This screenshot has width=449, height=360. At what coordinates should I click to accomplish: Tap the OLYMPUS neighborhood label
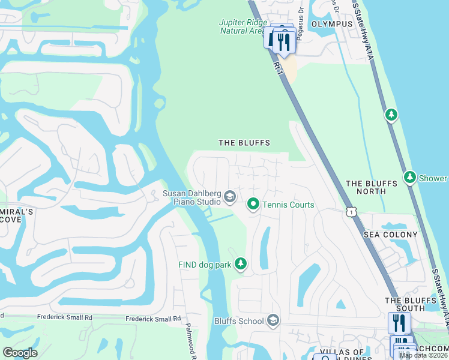[332, 24]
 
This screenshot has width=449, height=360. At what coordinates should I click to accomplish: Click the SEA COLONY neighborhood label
[390, 235]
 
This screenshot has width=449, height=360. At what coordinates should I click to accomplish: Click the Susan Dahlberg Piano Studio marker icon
[229, 196]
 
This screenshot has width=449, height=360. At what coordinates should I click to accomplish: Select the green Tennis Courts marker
[253, 205]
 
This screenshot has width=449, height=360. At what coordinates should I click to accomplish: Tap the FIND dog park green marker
[241, 264]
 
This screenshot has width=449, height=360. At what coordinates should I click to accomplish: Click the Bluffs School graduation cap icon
[273, 320]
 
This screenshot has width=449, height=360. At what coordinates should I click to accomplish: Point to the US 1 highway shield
[351, 211]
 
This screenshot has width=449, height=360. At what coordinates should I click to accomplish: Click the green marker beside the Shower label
[410, 178]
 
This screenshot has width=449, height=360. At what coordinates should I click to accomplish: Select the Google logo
[20, 353]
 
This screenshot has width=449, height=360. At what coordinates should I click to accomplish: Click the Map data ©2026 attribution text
[424, 355]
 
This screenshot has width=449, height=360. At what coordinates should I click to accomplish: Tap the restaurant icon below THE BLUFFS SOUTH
[399, 323]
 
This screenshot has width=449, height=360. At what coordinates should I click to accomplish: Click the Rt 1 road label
[277, 63]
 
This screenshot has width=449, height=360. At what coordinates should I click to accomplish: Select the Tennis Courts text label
[288, 205]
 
